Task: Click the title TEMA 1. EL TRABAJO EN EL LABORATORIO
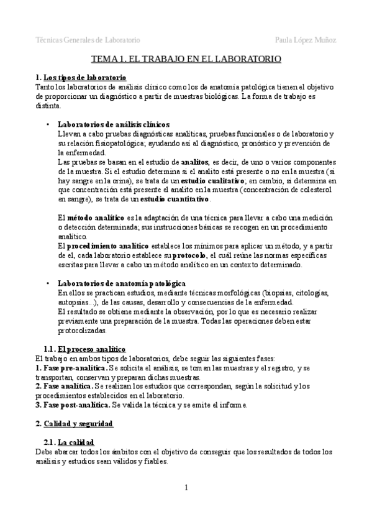[186, 59]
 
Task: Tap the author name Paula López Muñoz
[306, 40]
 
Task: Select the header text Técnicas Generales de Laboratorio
[88, 40]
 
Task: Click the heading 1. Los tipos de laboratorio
[81, 77]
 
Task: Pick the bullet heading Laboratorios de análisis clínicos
[113, 124]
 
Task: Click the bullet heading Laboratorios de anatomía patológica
[121, 283]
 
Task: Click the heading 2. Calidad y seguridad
[75, 424]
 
